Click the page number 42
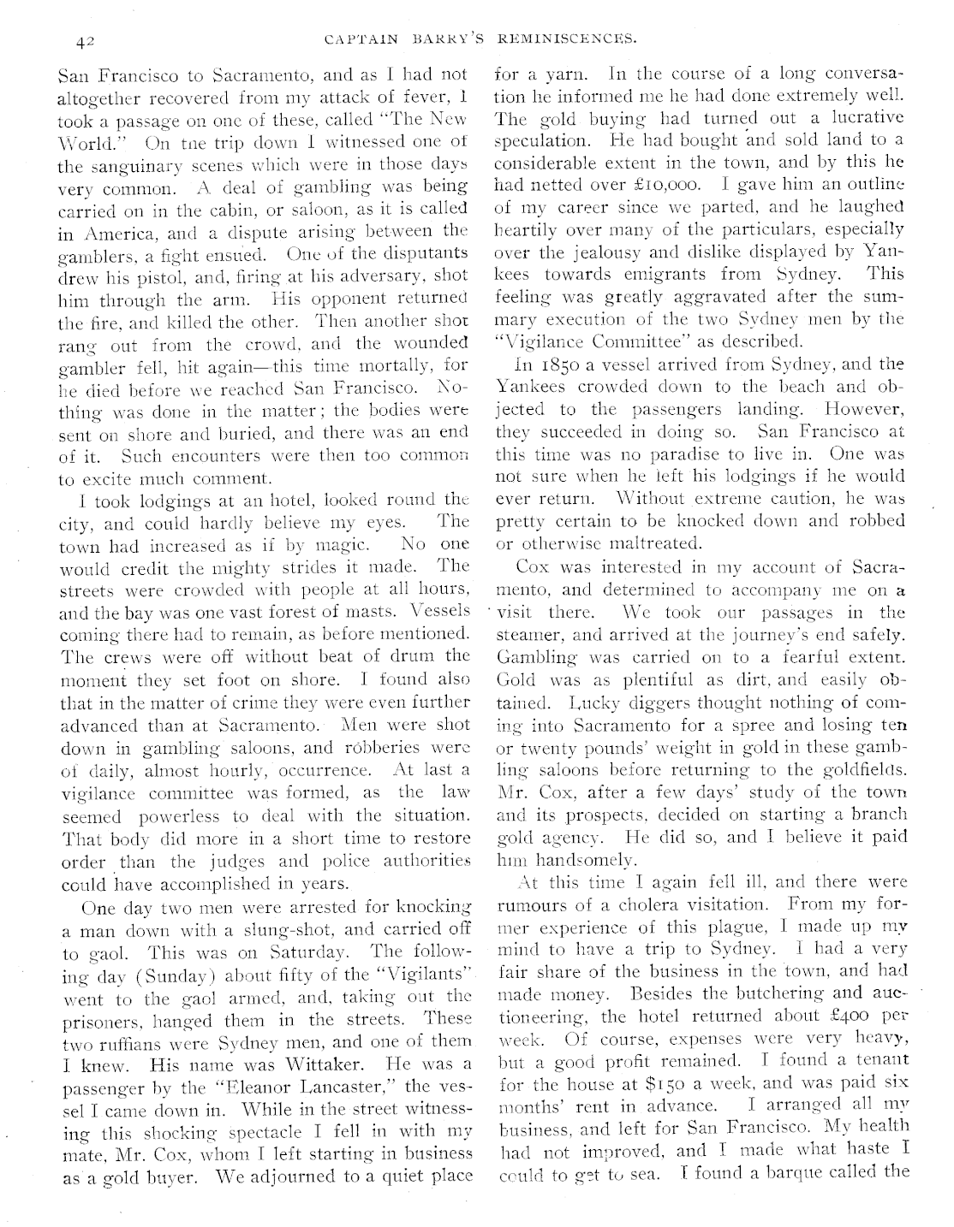(x=84, y=40)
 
